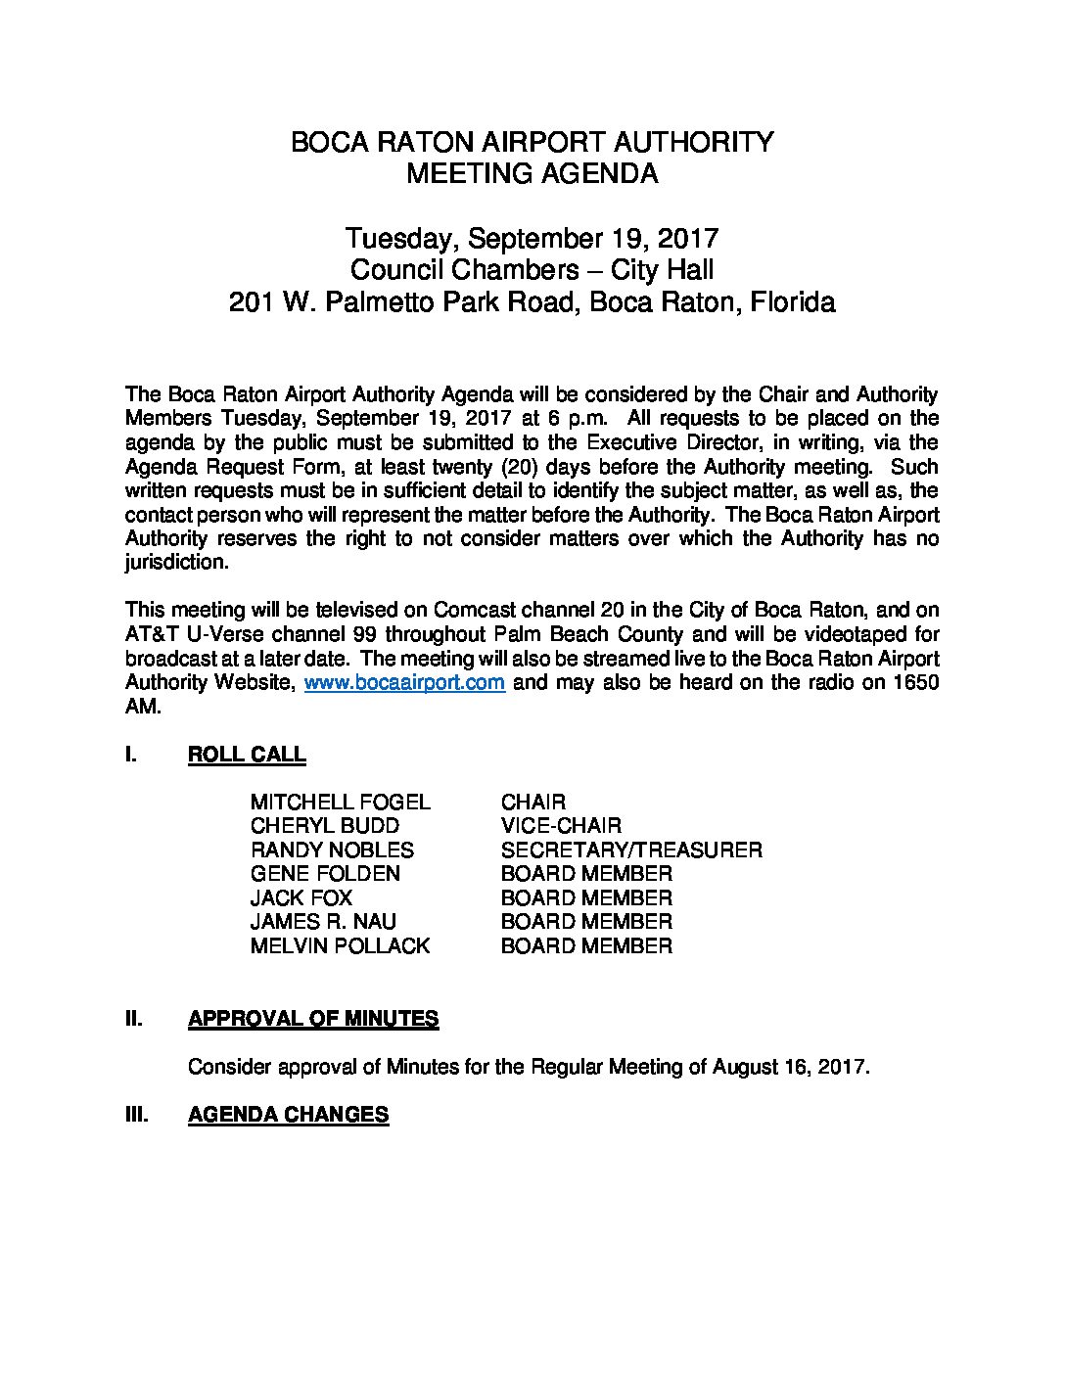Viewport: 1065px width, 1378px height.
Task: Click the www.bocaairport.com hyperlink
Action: point(404,682)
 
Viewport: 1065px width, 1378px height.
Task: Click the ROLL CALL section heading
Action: point(246,755)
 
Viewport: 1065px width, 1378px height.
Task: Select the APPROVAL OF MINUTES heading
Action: point(312,1019)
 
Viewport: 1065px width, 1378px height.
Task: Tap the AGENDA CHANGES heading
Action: point(288,1115)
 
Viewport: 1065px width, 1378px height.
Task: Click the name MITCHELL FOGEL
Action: point(340,803)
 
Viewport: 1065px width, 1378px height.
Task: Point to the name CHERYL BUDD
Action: point(324,826)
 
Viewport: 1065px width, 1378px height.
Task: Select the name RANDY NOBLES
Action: point(332,850)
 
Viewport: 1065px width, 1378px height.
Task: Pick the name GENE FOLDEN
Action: point(325,874)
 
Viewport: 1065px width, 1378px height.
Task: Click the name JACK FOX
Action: point(301,898)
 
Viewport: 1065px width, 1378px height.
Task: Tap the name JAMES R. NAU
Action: point(323,922)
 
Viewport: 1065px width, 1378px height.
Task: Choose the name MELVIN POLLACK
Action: point(340,946)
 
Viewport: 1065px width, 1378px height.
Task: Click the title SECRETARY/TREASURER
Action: point(630,850)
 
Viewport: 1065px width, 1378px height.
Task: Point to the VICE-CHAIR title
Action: point(560,826)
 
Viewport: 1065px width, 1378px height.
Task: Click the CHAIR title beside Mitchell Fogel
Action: point(532,803)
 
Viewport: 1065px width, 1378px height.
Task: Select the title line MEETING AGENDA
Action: point(532,174)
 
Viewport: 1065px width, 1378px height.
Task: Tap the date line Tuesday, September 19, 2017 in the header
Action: point(532,238)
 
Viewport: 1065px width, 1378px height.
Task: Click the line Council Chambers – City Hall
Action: point(532,270)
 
